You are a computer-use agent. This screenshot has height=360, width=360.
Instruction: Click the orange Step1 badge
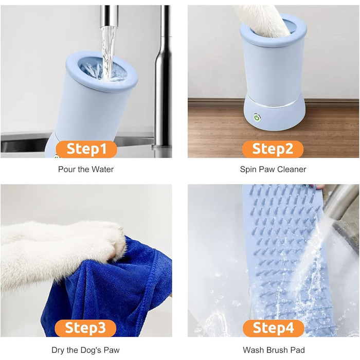pos(86,149)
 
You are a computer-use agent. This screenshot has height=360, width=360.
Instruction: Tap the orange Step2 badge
pos(273,149)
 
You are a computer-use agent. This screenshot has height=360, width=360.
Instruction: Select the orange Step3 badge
pos(85,328)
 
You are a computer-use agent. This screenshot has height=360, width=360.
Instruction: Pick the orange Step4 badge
pos(274,328)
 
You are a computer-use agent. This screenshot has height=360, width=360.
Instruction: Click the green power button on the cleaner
pos(257,118)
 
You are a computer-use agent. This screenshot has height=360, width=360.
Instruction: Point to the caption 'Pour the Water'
pos(86,169)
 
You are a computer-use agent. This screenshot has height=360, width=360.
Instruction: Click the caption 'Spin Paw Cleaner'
pos(273,169)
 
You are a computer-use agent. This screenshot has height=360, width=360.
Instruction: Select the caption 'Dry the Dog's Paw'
pos(86,350)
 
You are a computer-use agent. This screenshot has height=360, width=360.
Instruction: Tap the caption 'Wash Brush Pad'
pos(274,350)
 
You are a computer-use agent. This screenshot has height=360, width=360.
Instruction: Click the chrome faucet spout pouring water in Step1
pos(109,16)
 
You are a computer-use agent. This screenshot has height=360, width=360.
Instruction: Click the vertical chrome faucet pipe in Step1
pos(164,80)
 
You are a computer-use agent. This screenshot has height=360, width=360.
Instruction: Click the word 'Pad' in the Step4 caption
pos(298,350)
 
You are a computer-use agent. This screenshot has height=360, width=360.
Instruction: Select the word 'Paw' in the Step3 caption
pos(112,350)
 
